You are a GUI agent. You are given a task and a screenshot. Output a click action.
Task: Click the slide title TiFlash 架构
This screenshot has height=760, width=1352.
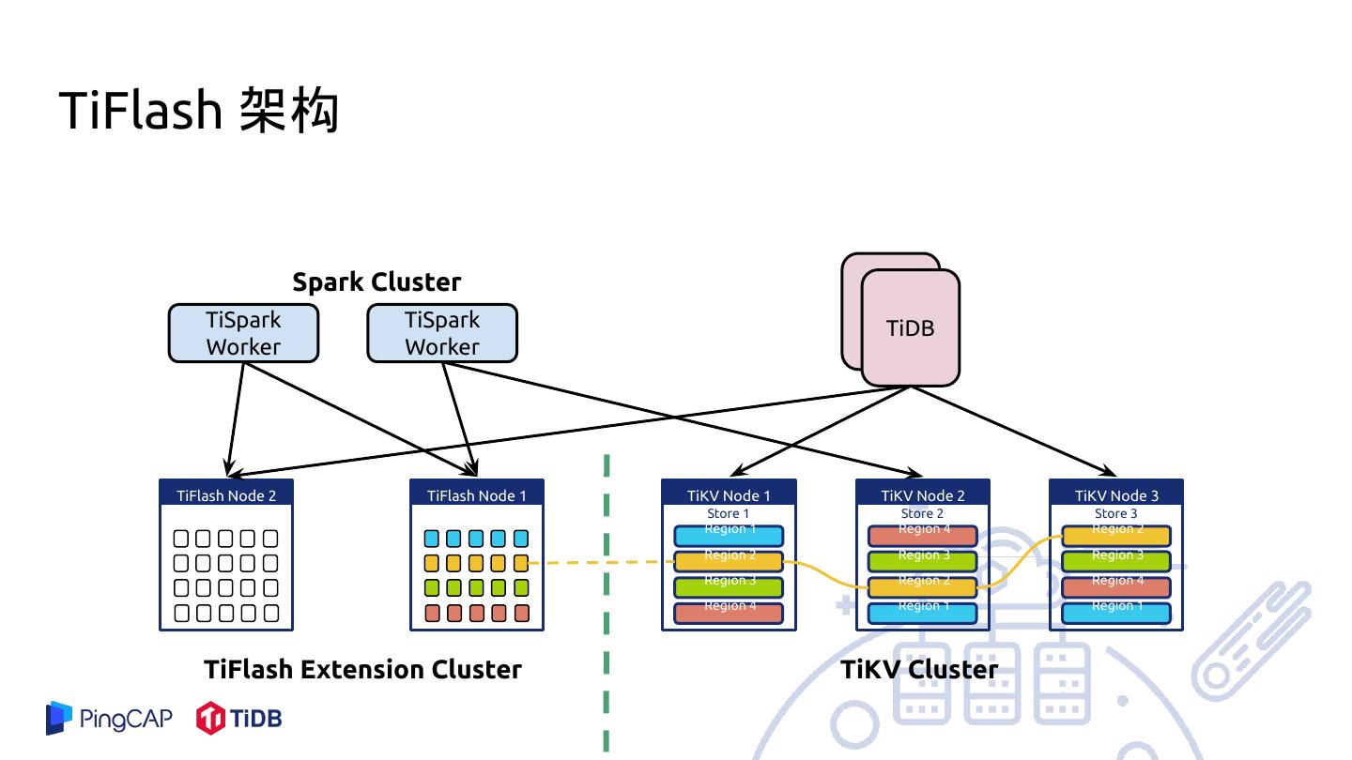tap(198, 111)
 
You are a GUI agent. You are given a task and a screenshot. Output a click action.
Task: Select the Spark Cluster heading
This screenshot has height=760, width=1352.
tap(376, 282)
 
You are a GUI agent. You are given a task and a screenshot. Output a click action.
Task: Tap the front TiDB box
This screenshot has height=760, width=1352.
tap(911, 328)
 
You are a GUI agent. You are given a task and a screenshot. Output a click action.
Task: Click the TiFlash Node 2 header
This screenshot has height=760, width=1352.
tap(226, 494)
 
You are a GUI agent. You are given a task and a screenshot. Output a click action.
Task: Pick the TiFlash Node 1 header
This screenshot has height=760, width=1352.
tap(477, 494)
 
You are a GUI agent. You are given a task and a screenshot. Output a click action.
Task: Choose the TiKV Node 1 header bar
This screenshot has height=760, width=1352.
tap(729, 494)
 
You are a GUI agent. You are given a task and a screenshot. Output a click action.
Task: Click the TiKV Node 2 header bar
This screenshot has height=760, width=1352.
tap(923, 494)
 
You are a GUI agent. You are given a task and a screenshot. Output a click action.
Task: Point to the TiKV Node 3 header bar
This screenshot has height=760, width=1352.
tap(1116, 494)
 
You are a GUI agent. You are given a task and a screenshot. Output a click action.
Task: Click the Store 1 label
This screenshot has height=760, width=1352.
tap(729, 513)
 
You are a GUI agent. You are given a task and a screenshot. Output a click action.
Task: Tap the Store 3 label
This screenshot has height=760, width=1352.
tap(1116, 513)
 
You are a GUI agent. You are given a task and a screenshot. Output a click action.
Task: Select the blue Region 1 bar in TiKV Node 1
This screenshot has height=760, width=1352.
tap(729, 536)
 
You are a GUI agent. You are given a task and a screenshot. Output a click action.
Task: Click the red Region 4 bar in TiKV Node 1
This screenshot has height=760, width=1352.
tap(729, 613)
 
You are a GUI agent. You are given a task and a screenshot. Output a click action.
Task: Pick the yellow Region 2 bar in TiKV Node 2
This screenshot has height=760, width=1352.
tap(923, 587)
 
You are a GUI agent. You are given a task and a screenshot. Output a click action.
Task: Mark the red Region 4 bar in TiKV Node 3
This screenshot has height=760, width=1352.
tap(1116, 587)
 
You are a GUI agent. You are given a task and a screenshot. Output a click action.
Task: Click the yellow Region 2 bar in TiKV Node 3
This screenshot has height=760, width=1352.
tap(1116, 536)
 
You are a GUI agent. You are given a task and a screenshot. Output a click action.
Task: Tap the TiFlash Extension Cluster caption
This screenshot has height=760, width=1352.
tap(362, 669)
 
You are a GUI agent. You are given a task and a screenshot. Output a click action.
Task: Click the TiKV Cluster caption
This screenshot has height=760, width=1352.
tap(919, 669)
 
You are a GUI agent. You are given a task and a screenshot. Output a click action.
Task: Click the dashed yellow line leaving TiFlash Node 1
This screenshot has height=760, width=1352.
tap(601, 563)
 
